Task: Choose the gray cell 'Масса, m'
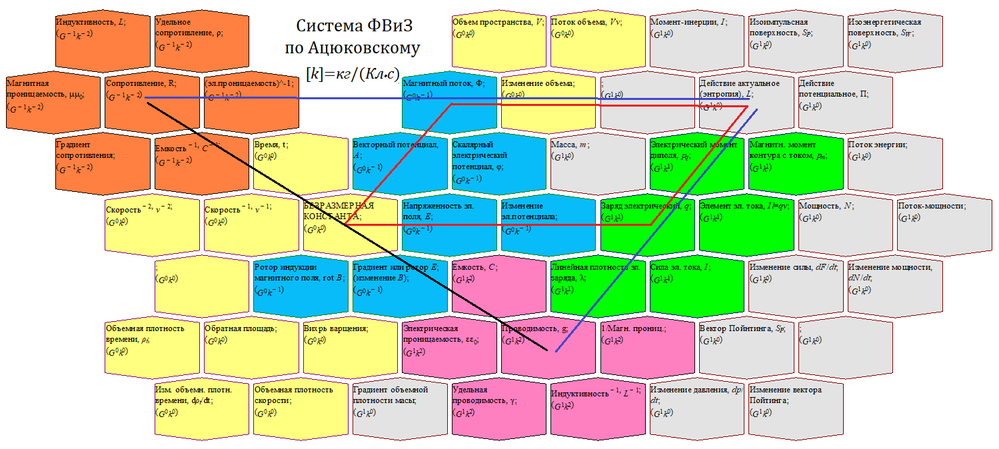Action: [598, 163]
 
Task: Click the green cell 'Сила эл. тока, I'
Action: [696, 286]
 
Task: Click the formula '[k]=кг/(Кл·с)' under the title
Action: [353, 72]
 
